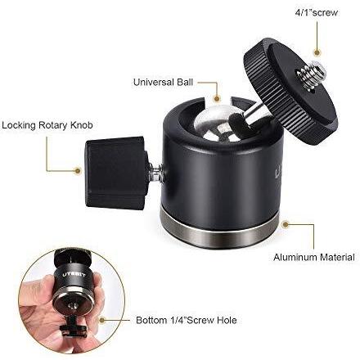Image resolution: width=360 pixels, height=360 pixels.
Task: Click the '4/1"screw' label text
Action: [x=317, y=12]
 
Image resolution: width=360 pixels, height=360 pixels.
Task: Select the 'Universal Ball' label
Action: [x=163, y=82]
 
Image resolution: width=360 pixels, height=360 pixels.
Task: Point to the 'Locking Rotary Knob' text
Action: [x=47, y=125]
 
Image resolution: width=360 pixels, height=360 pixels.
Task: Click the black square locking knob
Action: [x=117, y=173]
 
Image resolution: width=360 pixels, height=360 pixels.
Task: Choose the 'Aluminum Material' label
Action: [x=314, y=257]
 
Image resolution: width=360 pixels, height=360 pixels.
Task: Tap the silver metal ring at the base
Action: [x=219, y=232]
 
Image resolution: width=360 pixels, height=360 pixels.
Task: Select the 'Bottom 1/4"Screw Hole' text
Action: [x=187, y=320]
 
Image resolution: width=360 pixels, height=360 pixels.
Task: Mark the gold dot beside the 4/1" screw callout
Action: [x=317, y=52]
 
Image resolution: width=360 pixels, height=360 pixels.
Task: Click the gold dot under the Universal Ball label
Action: [x=217, y=99]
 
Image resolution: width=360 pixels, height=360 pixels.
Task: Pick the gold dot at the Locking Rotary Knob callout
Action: [x=78, y=171]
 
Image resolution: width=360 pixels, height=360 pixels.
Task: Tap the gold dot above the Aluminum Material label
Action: [x=286, y=225]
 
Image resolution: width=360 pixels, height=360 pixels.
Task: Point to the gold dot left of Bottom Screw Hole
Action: [x=102, y=320]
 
